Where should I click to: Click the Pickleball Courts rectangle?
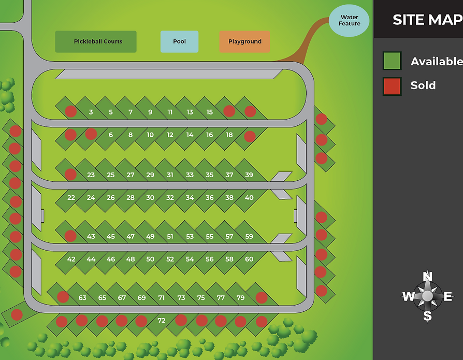coord(96,41)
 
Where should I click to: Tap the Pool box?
coord(179,41)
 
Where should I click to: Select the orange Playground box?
coord(244,41)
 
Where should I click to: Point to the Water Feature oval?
coord(349,21)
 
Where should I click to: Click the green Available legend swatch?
coord(392,61)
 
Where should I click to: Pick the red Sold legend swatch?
coord(392,86)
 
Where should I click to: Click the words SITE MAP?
coord(428,20)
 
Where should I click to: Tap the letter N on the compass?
coord(427,277)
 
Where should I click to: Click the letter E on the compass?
coord(447,296)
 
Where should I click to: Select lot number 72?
coord(161,321)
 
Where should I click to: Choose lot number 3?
coord(91,112)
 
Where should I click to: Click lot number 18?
coord(229,135)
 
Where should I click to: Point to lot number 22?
coord(71,197)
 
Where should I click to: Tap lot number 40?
coord(249,197)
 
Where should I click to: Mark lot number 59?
coord(249,236)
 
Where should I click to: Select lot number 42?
coord(71,259)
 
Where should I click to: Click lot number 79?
coord(240,298)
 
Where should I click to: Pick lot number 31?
coord(170,175)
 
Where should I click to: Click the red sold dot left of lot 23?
coord(70,175)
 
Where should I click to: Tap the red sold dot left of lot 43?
coord(70,236)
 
